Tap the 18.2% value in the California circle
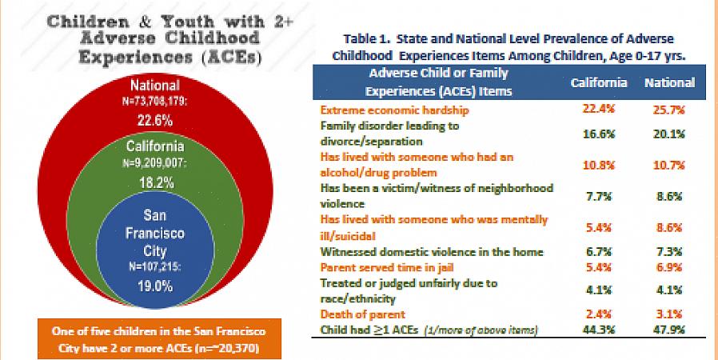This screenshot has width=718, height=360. click(x=155, y=182)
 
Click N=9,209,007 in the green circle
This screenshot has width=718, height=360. click(x=155, y=163)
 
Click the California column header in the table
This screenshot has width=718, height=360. click(x=598, y=82)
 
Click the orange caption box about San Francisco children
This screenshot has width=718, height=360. click(x=155, y=339)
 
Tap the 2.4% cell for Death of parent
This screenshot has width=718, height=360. click(x=598, y=314)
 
